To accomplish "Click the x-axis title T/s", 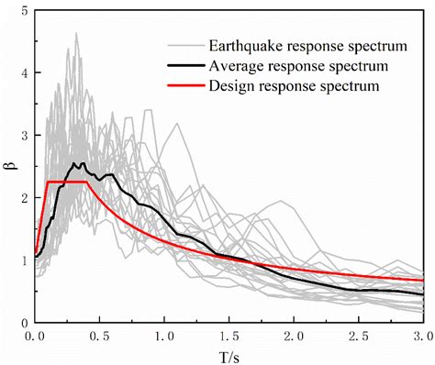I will coord(229,355).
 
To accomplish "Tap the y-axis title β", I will coord(7,167).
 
